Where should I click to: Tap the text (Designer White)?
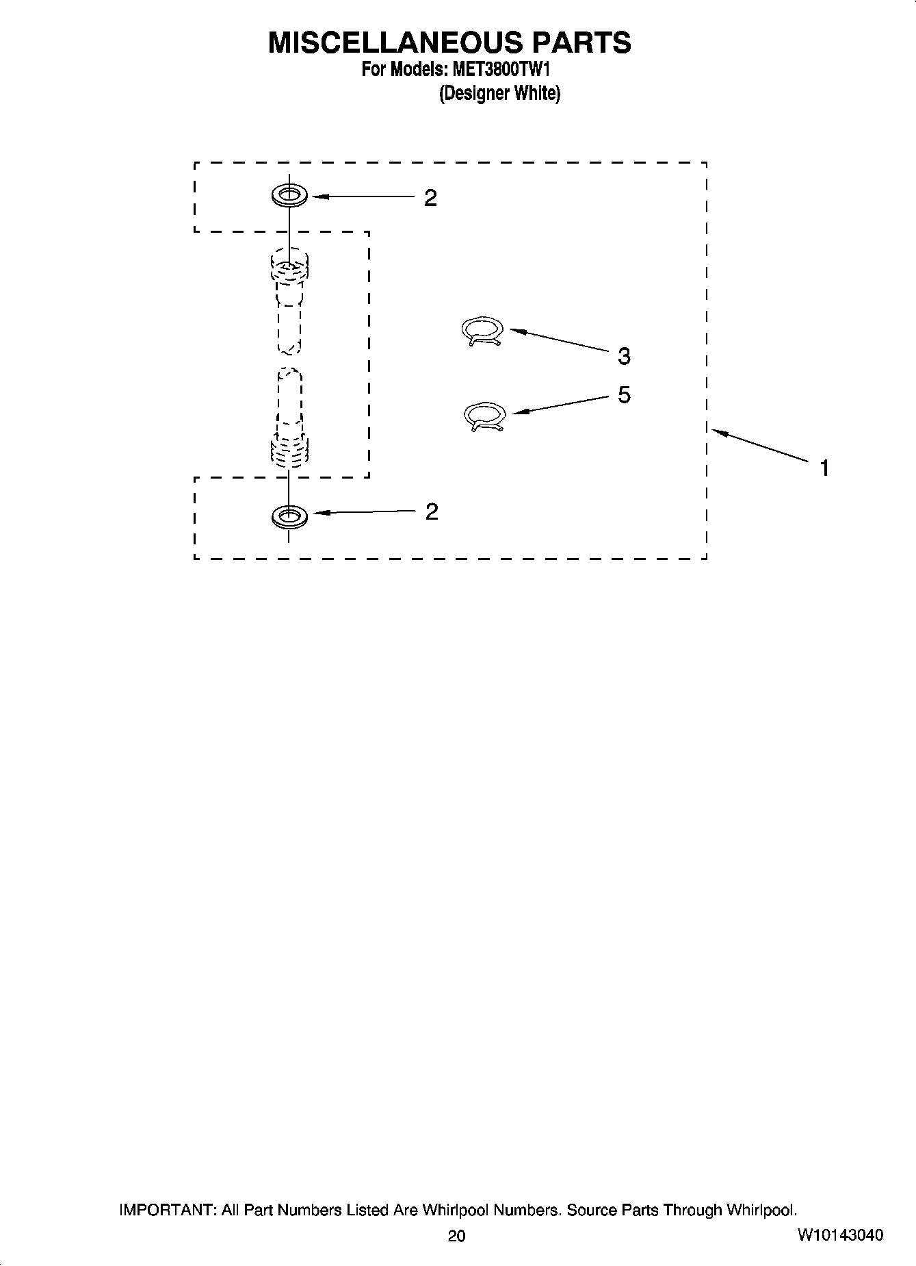click(499, 93)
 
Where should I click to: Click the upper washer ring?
click(289, 196)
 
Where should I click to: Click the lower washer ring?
click(289, 516)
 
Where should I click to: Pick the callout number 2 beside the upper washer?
click(430, 198)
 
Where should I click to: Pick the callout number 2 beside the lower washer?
click(431, 511)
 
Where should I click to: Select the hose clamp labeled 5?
click(484, 416)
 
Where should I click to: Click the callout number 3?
click(623, 356)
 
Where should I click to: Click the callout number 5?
click(624, 395)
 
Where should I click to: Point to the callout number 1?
click(825, 468)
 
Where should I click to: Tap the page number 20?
click(456, 1235)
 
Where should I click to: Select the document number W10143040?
click(839, 1235)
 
